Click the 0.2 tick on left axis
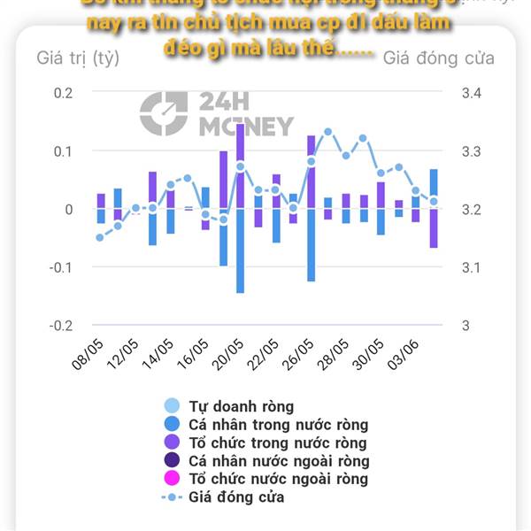(64, 93)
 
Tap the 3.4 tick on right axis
(471, 93)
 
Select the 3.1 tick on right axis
(471, 267)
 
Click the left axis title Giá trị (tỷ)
(78, 58)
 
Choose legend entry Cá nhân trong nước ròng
(278, 425)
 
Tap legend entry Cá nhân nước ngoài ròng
(279, 461)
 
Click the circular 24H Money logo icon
(164, 113)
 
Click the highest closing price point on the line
(327, 132)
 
